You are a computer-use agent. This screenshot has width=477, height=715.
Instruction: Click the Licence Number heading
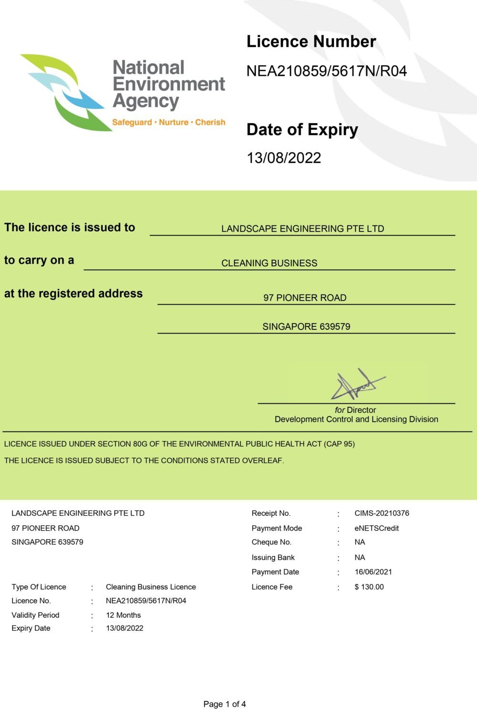point(311,42)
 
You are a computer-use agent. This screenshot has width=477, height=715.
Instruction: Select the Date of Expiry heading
point(302,130)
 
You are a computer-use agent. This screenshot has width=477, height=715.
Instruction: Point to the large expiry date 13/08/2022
point(284,158)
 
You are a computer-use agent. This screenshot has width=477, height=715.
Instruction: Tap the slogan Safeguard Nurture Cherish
point(168,123)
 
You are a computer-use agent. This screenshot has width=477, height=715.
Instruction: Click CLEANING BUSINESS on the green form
point(269,263)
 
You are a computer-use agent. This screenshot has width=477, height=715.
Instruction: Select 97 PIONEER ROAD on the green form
point(305,298)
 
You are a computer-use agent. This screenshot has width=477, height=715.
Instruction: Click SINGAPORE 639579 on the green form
point(306,327)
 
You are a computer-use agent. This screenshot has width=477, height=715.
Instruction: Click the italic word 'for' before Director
point(340,410)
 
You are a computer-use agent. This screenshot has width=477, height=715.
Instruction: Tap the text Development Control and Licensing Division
point(356,419)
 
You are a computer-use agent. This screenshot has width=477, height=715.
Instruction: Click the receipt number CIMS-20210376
point(382,513)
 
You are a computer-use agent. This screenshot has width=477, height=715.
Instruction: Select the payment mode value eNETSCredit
point(376,528)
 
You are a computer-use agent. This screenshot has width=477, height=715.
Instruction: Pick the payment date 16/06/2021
point(373,572)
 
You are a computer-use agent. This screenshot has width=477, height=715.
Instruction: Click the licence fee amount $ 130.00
point(369,587)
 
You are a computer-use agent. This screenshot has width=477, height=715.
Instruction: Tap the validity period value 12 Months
point(123,615)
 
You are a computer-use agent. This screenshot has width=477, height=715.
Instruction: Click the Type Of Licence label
point(39,587)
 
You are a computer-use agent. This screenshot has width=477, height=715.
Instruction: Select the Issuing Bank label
point(273,557)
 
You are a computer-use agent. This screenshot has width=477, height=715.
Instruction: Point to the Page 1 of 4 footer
point(225,704)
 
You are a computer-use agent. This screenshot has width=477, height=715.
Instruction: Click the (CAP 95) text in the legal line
point(339,444)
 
